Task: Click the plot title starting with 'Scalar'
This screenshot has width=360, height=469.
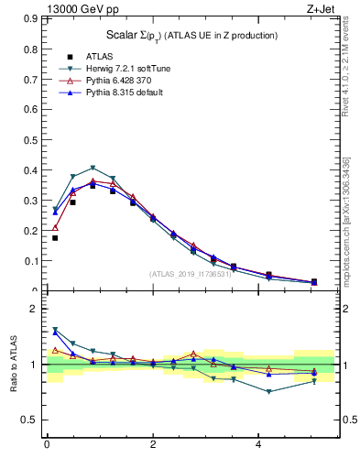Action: (x=192, y=35)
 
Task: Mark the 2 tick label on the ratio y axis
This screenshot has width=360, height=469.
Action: (x=32, y=310)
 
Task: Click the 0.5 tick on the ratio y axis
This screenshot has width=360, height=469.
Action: (x=29, y=420)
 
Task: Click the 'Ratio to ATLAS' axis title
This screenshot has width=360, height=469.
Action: (x=11, y=365)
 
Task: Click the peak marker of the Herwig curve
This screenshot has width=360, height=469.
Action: (x=93, y=168)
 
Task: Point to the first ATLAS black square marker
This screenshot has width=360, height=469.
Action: (x=55, y=238)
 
